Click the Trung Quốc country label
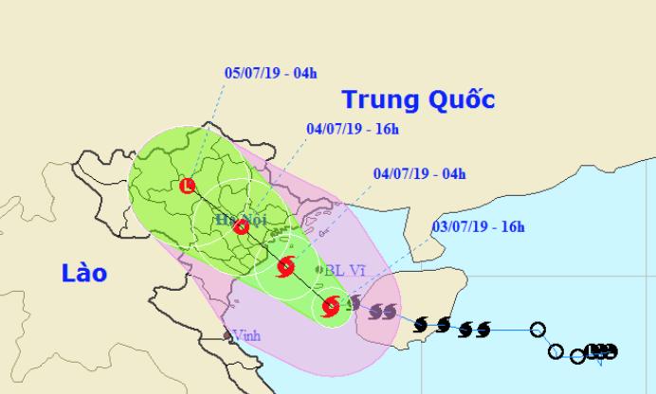pyautogui.click(x=418, y=100)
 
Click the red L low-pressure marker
pyautogui.click(x=188, y=186)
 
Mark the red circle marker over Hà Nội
pyautogui.click(x=241, y=227)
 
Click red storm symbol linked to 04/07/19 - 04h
pyautogui.click(x=285, y=267)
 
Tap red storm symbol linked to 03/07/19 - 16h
pyautogui.click(x=329, y=306)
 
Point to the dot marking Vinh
pyautogui.click(x=226, y=334)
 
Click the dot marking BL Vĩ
pyautogui.click(x=319, y=270)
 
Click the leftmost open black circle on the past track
pyautogui.click(x=538, y=330)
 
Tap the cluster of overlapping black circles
pyautogui.click(x=597, y=352)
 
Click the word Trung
pyautogui.click(x=378, y=100)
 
